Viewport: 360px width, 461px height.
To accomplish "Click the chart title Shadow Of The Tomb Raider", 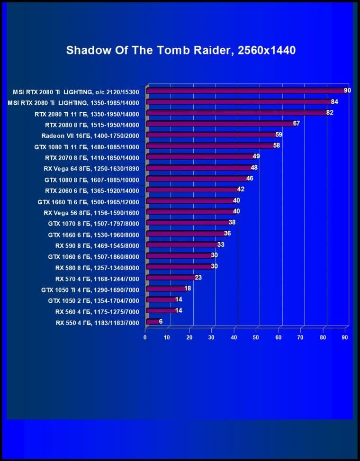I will click(x=180, y=50).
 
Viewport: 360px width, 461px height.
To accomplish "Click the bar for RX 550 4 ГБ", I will click(x=153, y=322).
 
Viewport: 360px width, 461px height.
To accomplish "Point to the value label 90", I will click(x=347, y=90).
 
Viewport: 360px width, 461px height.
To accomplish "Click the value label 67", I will click(x=297, y=124).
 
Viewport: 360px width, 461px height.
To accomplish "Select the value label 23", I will click(x=198, y=277).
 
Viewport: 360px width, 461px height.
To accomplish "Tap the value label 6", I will click(x=161, y=321).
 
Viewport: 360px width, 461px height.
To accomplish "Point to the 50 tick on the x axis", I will click(x=256, y=337).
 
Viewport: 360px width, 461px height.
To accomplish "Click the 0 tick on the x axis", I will click(x=145, y=337).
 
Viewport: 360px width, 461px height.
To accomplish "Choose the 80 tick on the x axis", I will click(x=323, y=337).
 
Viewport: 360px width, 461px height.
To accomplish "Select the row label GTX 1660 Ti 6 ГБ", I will click(x=88, y=201).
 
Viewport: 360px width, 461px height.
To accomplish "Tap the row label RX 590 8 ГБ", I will click(x=97, y=245).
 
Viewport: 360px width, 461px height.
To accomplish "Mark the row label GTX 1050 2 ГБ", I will click(x=93, y=300).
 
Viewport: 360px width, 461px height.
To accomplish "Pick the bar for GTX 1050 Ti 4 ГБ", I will click(x=166, y=289).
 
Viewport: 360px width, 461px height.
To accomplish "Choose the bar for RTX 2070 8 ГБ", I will click(x=201, y=157).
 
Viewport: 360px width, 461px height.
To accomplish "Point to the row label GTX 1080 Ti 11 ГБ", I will click(x=87, y=146).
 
